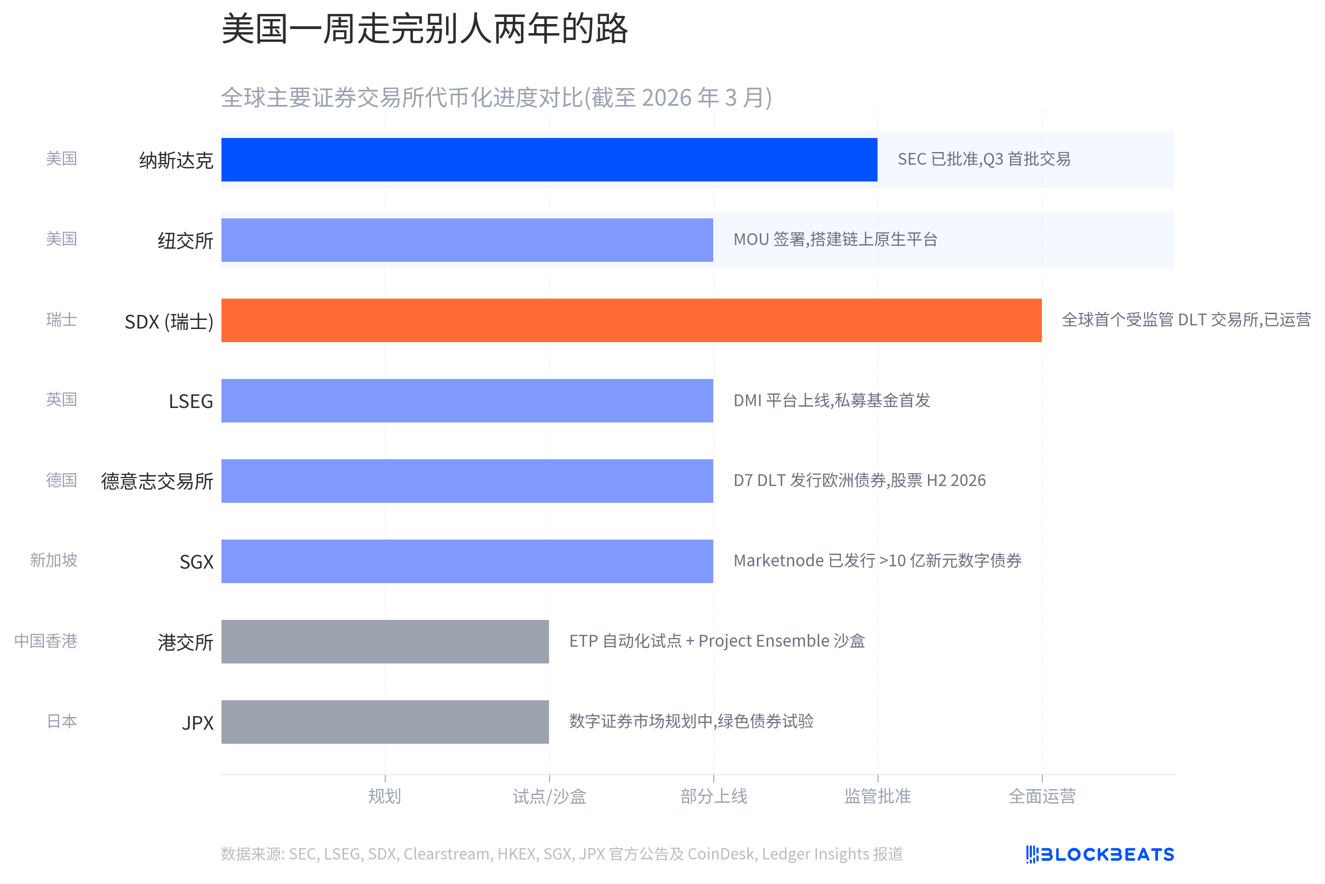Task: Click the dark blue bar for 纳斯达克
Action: coord(549,160)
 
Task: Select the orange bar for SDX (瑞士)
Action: coord(631,320)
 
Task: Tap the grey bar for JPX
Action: coord(385,722)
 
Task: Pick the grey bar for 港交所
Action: coord(385,642)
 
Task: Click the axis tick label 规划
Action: coord(384,796)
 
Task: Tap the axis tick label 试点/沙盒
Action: coord(549,796)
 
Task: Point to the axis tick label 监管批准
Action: coord(878,796)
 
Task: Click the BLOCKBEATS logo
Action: coord(1099,854)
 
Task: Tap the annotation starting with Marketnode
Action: coord(877,560)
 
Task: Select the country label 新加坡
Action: coord(54,560)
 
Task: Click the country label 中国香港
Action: coord(46,641)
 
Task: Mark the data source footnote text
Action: coord(561,854)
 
